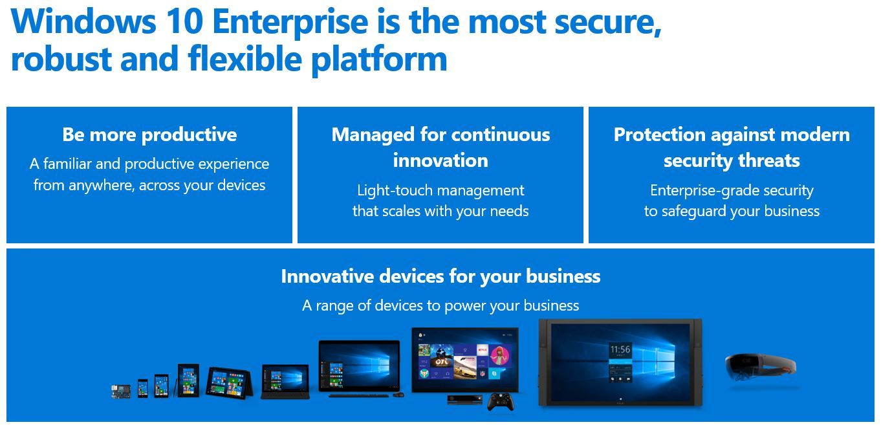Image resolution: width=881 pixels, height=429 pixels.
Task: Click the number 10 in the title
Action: pyautogui.click(x=184, y=21)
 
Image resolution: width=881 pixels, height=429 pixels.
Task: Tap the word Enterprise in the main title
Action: pyautogui.click(x=290, y=23)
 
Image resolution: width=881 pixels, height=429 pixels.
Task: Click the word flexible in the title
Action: pyautogui.click(x=245, y=58)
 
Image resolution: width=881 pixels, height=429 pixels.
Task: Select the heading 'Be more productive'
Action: pyautogui.click(x=149, y=135)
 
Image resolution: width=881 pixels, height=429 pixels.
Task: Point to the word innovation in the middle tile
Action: pyautogui.click(x=440, y=160)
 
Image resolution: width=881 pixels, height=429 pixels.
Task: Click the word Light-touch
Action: pyautogui.click(x=395, y=191)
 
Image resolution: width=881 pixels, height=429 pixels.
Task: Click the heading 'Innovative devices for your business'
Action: pyautogui.click(x=440, y=276)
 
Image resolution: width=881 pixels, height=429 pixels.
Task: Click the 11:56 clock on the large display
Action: pyautogui.click(x=620, y=349)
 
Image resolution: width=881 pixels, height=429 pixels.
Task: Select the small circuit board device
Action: pyautogui.click(x=120, y=391)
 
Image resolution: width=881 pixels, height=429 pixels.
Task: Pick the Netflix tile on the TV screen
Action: pyautogui.click(x=482, y=349)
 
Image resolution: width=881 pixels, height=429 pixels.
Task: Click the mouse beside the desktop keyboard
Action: pyautogui.click(x=398, y=394)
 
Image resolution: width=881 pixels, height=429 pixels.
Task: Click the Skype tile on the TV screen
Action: pyautogui.click(x=494, y=373)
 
